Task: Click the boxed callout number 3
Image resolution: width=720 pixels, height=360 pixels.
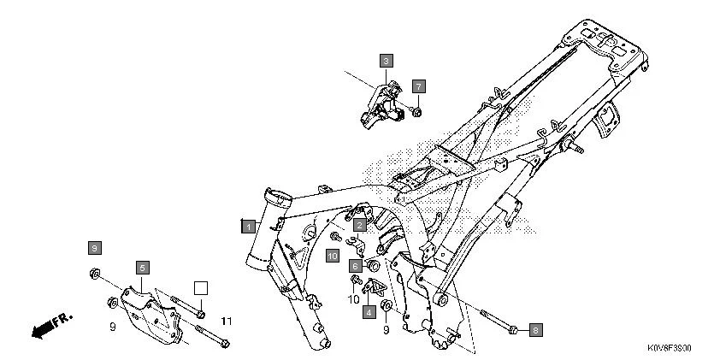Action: (x=386, y=61)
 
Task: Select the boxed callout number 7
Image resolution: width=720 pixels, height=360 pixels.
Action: (x=418, y=86)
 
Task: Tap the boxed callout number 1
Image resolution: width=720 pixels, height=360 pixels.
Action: (x=247, y=226)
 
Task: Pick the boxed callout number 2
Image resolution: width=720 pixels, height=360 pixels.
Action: (x=360, y=223)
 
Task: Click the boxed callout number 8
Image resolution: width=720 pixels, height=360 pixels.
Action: (x=535, y=329)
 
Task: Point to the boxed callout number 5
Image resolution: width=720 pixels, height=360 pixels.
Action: (x=142, y=268)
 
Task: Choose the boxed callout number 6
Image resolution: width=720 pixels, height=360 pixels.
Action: (x=354, y=265)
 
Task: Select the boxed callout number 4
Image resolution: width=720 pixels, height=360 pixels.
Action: (x=369, y=312)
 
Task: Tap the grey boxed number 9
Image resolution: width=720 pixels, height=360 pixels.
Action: (x=94, y=248)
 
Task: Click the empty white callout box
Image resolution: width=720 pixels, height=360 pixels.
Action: (x=200, y=288)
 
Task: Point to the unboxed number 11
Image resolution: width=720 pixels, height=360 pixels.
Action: (x=226, y=321)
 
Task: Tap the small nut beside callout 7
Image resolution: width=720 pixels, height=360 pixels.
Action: (x=416, y=110)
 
